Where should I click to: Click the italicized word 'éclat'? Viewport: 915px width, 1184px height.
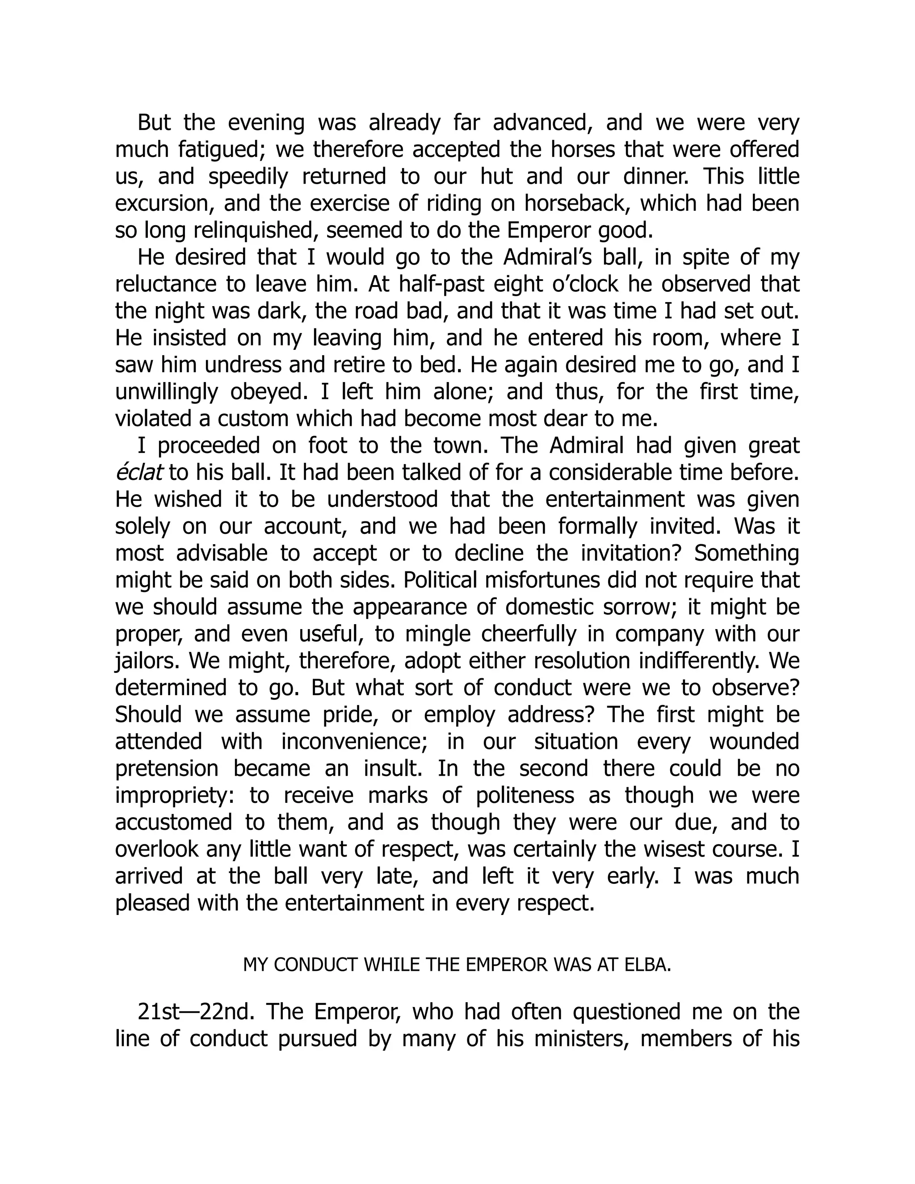click(x=139, y=473)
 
